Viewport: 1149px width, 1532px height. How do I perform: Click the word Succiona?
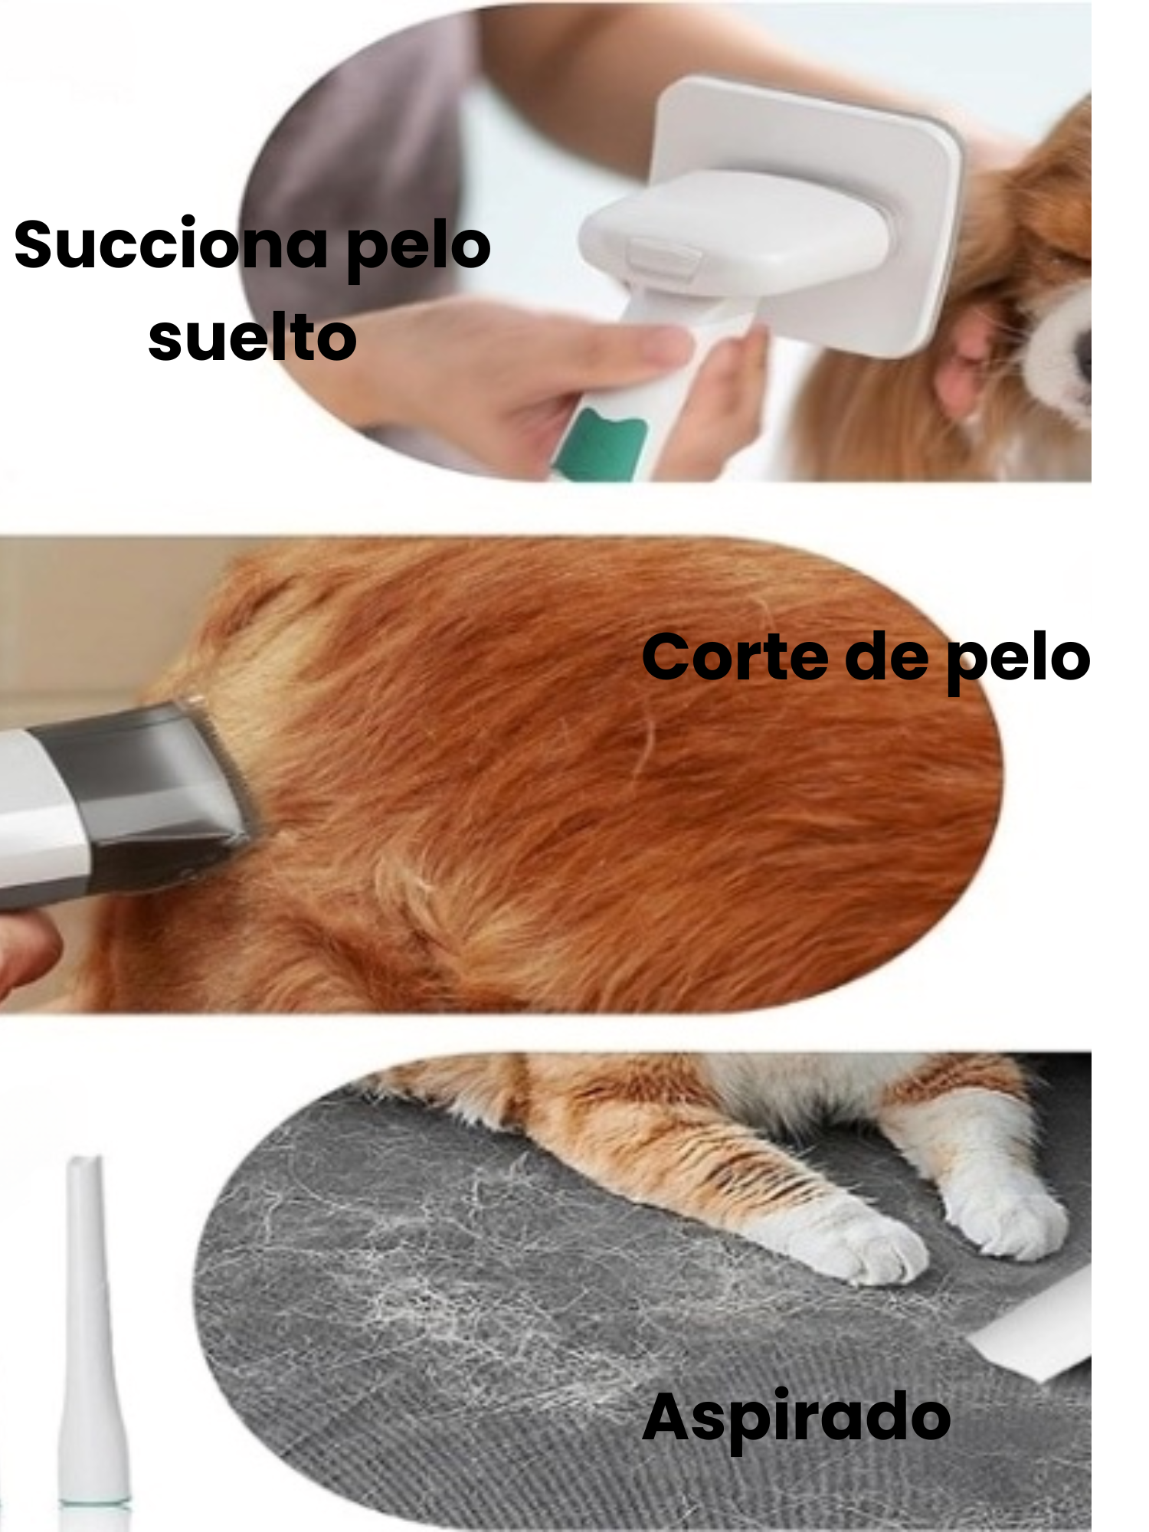(x=171, y=245)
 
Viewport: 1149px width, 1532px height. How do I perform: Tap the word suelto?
(x=252, y=339)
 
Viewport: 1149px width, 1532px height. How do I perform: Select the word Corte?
(x=735, y=657)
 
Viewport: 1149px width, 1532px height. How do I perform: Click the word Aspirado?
(x=797, y=1417)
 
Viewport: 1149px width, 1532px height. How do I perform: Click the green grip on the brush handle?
(x=601, y=444)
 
